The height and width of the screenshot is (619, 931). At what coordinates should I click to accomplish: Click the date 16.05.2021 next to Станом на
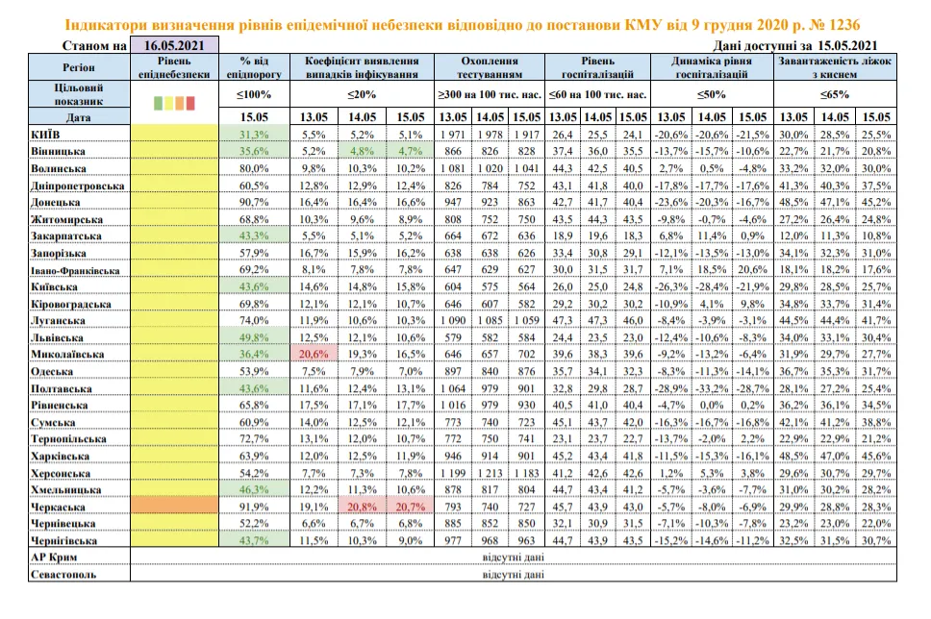174,44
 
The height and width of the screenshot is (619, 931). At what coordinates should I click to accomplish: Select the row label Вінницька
49,151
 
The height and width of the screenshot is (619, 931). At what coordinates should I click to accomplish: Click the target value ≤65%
833,95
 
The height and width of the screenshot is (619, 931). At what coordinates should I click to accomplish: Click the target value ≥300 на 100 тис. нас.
490,95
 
